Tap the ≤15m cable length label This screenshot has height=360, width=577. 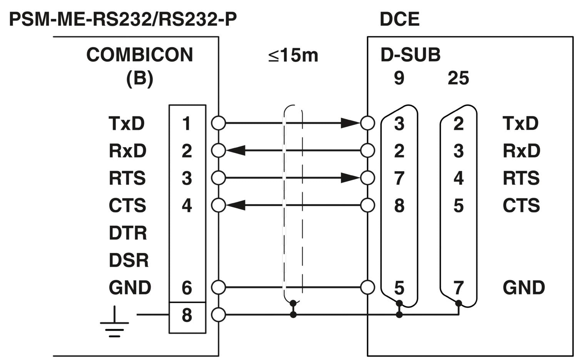tap(293, 55)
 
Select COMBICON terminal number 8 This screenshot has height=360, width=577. tap(187, 315)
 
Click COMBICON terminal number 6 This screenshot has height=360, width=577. tap(187, 288)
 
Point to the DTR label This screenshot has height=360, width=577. tap(128, 233)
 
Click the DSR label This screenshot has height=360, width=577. tap(128, 260)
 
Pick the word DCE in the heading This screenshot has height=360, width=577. tap(399, 19)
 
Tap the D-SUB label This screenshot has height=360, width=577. tap(410, 55)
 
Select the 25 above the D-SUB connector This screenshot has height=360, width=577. tap(458, 78)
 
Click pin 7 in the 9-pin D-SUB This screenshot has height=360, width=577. tap(399, 178)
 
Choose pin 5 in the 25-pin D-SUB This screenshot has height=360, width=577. tap(458, 206)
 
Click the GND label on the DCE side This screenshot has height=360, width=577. tap(524, 288)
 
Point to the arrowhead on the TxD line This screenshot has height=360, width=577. tap(350, 123)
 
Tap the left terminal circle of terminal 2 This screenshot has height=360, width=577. tap(218, 150)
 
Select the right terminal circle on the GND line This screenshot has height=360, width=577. tap(368, 287)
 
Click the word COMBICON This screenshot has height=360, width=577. tap(140, 55)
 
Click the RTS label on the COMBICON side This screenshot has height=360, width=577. tap(127, 178)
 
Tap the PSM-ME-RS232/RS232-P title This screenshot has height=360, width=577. tap(123, 19)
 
